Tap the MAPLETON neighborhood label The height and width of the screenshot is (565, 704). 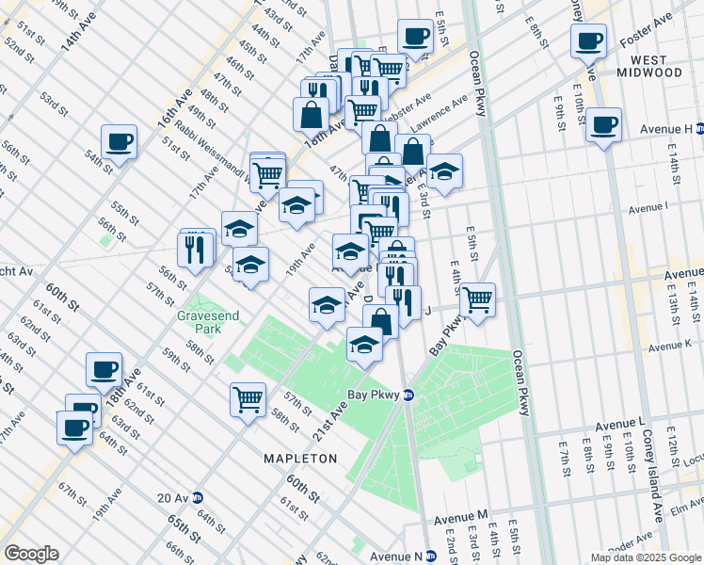(x=305, y=458)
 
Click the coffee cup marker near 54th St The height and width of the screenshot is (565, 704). (x=120, y=143)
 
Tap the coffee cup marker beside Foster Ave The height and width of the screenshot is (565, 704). (x=588, y=41)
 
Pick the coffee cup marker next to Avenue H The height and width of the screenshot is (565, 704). (x=603, y=124)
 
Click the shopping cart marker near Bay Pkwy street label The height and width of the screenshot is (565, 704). (x=478, y=300)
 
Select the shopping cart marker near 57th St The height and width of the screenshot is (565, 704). (x=248, y=398)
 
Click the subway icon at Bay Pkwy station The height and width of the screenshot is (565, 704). (x=408, y=395)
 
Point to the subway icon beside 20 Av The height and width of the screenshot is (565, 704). (x=199, y=497)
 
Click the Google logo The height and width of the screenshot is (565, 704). (x=31, y=553)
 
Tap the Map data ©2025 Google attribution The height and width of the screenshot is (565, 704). (x=645, y=557)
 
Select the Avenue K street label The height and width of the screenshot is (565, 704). (x=669, y=346)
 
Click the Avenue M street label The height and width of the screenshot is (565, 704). (x=461, y=518)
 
